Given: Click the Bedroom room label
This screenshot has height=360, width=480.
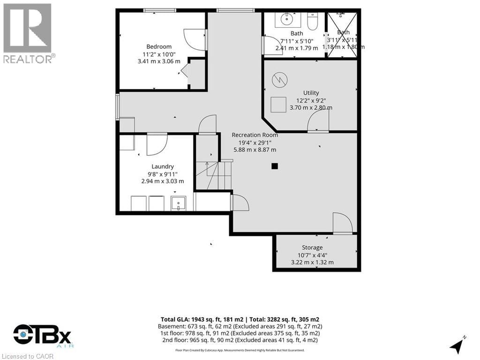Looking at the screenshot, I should (159, 46).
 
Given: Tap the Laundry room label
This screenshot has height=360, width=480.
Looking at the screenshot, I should (163, 166).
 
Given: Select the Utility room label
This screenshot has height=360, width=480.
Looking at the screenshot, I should (311, 93).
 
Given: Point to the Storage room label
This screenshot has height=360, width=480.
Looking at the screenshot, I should (312, 247).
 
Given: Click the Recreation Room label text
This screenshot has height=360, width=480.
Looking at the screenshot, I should (255, 135).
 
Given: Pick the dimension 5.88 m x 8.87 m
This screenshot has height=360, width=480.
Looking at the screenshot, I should (255, 150).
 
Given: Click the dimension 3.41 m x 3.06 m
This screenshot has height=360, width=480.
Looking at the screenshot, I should (159, 61).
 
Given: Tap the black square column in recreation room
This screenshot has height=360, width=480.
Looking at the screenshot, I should (275, 166).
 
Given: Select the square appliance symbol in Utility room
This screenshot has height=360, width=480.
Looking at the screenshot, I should (279, 105).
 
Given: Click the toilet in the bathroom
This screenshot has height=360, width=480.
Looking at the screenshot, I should (313, 21).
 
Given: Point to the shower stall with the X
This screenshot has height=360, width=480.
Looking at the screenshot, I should (342, 34).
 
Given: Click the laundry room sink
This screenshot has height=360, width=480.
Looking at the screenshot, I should (179, 203).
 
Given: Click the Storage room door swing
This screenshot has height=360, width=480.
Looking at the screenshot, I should (342, 223).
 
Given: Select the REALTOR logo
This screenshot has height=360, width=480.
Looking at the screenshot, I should (28, 33).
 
